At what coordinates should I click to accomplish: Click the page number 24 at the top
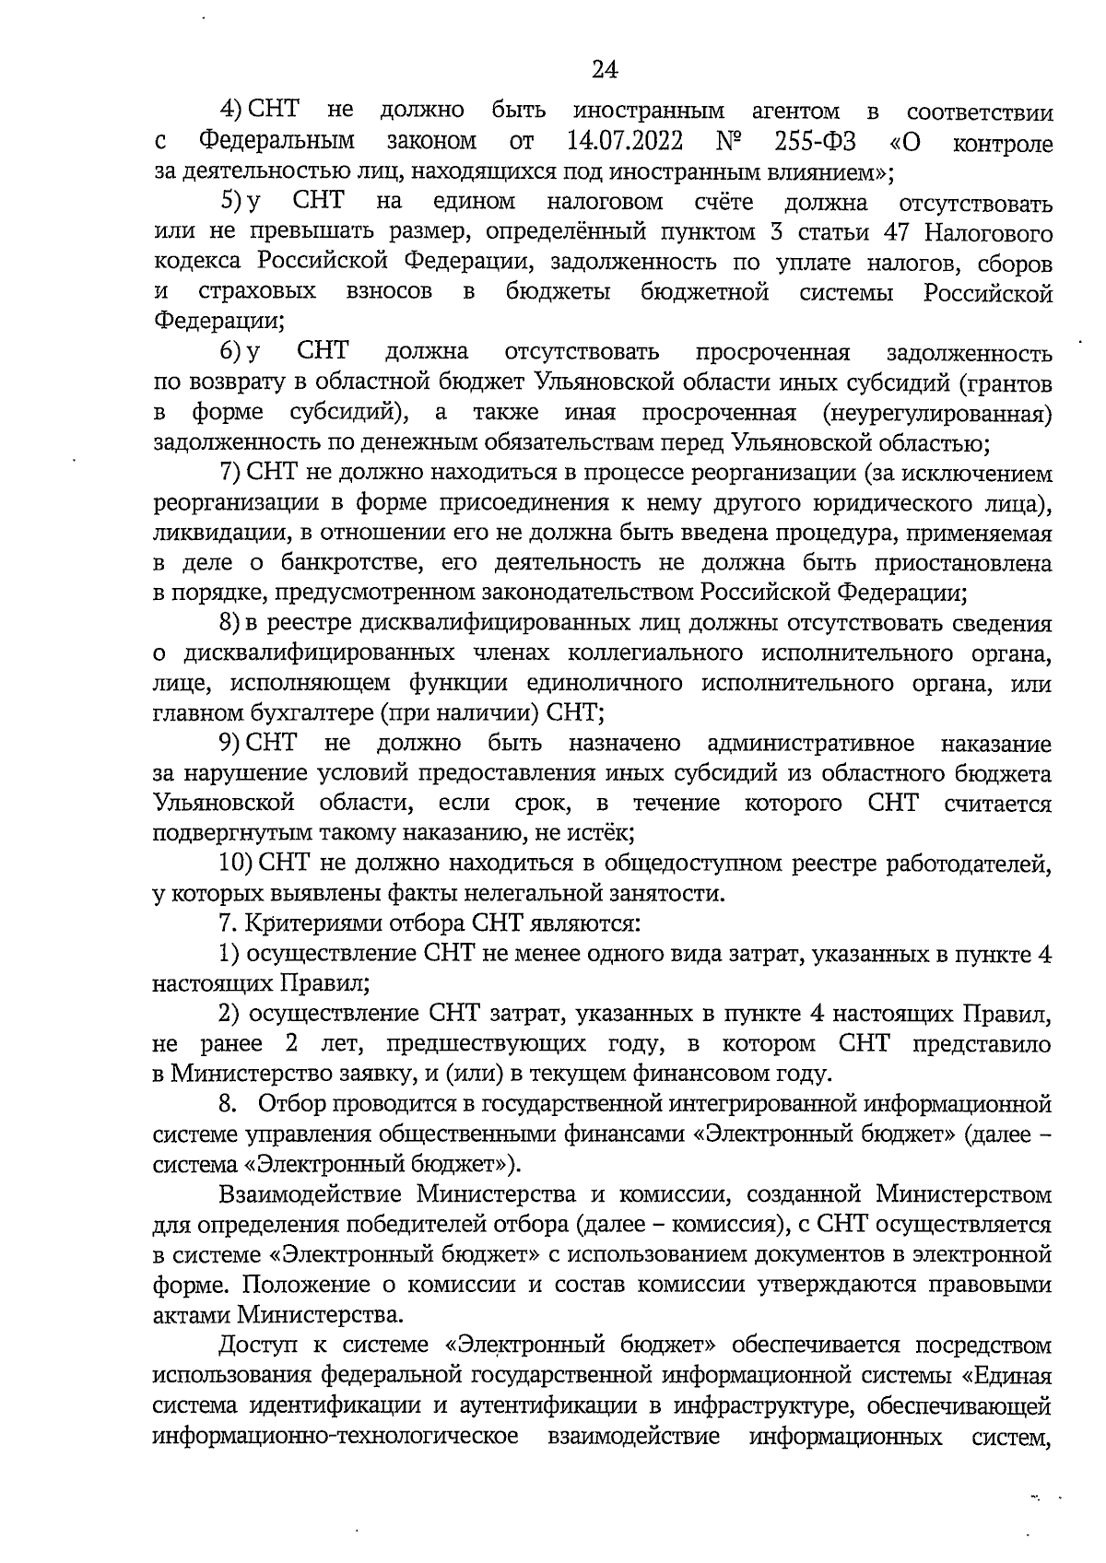[604, 70]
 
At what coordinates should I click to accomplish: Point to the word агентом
[795, 112]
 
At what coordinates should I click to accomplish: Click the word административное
[810, 743]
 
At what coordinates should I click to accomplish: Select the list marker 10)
[236, 864]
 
